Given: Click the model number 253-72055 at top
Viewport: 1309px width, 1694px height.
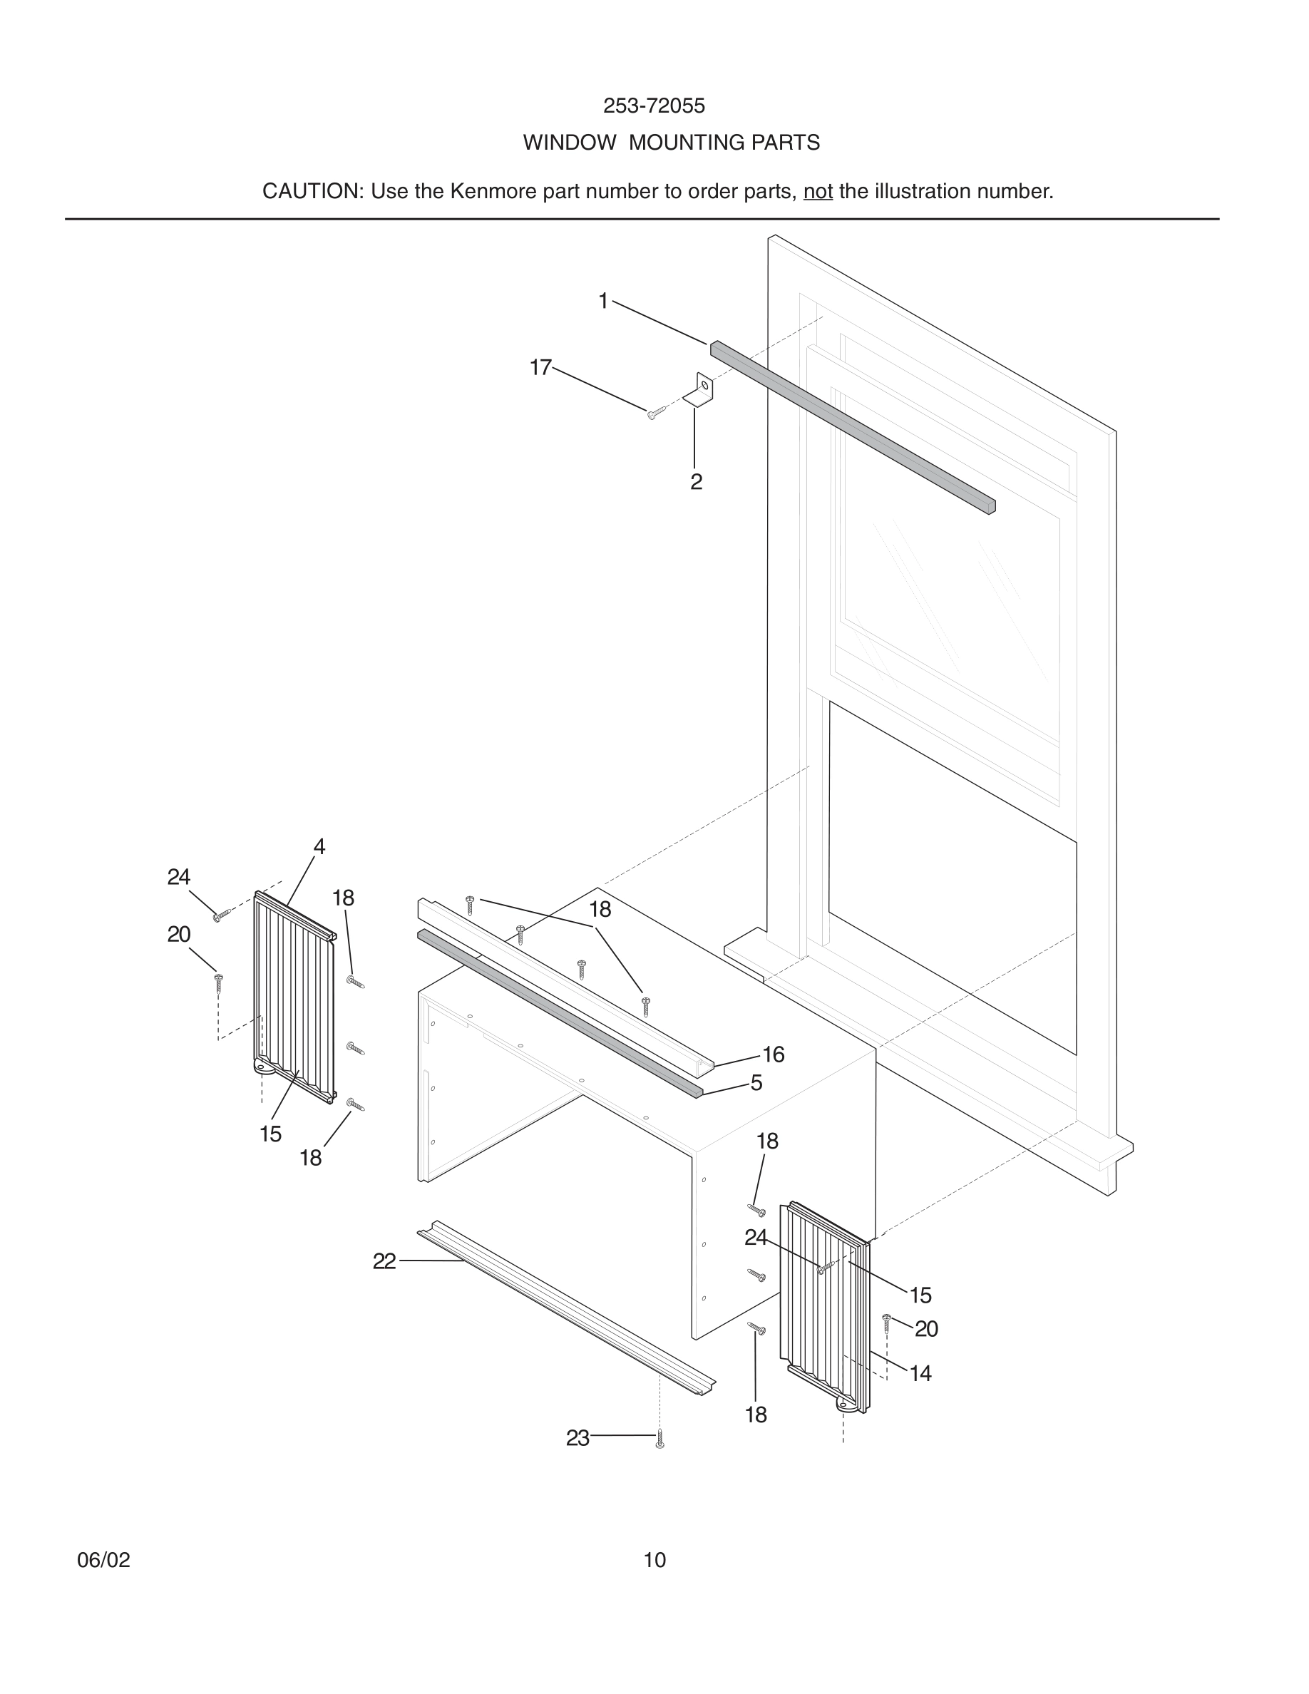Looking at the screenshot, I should click(x=654, y=106).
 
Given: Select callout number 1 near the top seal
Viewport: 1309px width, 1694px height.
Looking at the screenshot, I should click(x=602, y=301).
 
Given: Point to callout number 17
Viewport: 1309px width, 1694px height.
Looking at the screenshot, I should click(x=540, y=367).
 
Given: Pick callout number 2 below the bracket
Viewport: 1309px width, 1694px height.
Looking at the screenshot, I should click(x=696, y=482).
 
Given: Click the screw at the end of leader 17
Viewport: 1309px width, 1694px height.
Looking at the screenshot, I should click(x=654, y=414).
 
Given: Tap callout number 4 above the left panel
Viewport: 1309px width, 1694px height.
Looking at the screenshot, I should click(x=319, y=846).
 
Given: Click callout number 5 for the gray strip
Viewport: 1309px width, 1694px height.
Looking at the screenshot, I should click(x=756, y=1083).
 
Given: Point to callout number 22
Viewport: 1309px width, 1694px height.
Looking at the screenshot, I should click(x=384, y=1262).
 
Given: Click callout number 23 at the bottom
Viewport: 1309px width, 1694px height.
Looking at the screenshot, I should click(x=577, y=1438).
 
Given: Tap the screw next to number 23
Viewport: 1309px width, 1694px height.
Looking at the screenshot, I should click(x=659, y=1439).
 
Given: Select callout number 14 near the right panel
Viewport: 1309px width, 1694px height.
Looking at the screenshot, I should click(x=920, y=1374).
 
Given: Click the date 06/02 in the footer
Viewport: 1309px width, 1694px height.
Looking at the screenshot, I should click(x=103, y=1560).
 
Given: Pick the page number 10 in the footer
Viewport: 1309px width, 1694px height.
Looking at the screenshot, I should click(x=654, y=1560).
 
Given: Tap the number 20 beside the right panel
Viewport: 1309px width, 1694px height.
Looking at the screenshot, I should click(x=926, y=1329).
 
